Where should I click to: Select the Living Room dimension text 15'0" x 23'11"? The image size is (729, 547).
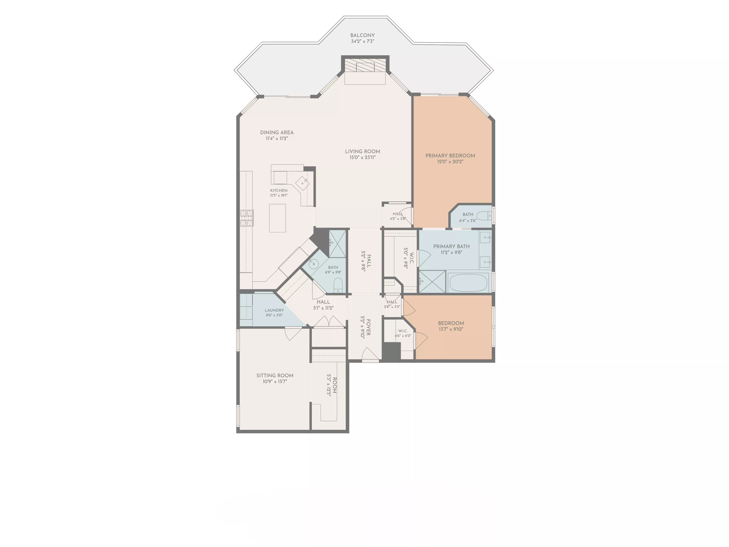coord(362,158)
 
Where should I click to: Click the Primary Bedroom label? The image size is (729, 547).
coord(450,156)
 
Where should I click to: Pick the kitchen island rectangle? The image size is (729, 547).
coord(278,218)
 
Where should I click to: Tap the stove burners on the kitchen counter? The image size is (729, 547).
coord(247,218)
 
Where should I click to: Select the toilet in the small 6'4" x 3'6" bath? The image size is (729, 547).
coord(484,216)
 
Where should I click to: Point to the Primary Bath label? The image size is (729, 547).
coord(451,246)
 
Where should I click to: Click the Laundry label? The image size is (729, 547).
coord(274,310)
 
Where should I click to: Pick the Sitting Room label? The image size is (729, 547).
coord(275,376)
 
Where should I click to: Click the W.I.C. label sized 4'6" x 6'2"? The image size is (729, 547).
coord(403,331)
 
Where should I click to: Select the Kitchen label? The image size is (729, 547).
coord(279,191)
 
